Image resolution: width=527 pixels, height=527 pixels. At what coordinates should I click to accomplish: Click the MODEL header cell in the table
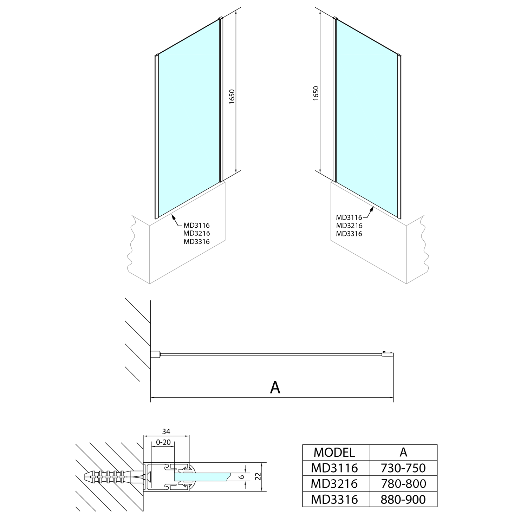coord(334,452)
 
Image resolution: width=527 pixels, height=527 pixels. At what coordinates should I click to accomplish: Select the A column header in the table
coord(403,452)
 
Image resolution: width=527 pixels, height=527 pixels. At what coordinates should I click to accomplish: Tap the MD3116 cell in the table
coord(334,468)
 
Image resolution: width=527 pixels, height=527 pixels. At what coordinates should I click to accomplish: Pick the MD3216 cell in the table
coord(334,484)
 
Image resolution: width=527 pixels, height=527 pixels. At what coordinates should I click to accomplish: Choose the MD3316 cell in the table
coord(334,499)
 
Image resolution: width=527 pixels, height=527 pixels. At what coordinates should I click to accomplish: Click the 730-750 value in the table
coord(403,468)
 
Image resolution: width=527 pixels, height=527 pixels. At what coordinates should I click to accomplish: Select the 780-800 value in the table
coord(403,484)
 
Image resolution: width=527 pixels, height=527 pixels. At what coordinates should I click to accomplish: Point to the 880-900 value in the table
coord(403,499)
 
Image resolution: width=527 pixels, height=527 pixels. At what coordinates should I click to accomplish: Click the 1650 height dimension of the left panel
coord(232,97)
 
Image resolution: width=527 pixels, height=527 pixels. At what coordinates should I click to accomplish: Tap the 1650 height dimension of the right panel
coord(316,93)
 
